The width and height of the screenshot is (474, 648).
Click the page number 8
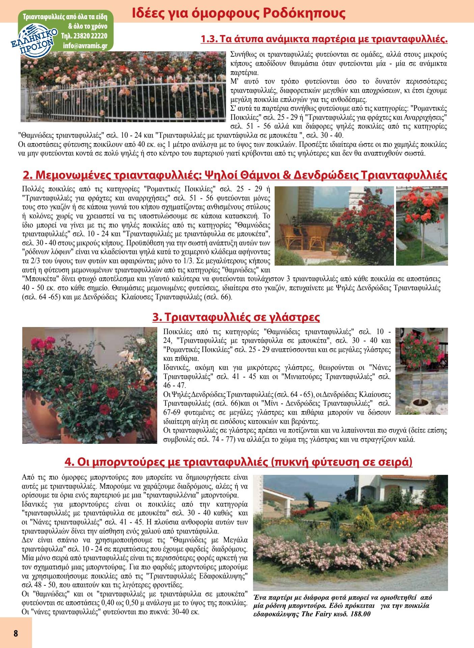coord(16,633)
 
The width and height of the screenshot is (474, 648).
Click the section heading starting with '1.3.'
coord(324,39)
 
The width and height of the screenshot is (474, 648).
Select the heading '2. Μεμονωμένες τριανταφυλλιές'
coord(235,175)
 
